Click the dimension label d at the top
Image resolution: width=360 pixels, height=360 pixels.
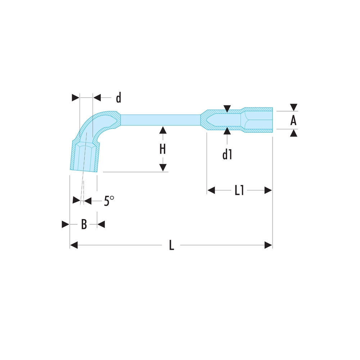point(118,98)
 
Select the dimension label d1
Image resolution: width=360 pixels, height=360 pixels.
point(227,155)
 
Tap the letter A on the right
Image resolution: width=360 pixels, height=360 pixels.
point(294,121)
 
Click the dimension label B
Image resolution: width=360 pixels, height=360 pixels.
point(84,225)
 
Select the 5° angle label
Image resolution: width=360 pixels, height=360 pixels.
point(108,201)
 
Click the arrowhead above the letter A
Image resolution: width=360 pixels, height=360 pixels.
point(294,107)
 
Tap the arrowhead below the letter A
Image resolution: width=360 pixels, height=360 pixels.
point(294,134)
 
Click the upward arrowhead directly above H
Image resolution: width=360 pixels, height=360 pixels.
point(163,130)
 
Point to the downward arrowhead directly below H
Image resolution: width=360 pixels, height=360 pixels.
point(163,167)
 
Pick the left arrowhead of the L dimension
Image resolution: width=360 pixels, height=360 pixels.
point(74,245)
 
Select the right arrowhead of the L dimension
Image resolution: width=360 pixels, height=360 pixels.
point(268,245)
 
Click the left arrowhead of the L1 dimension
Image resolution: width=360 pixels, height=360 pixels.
point(211,190)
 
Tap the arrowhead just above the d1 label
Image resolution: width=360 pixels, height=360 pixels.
point(227,131)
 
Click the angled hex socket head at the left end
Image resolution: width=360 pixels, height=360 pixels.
point(84,157)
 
